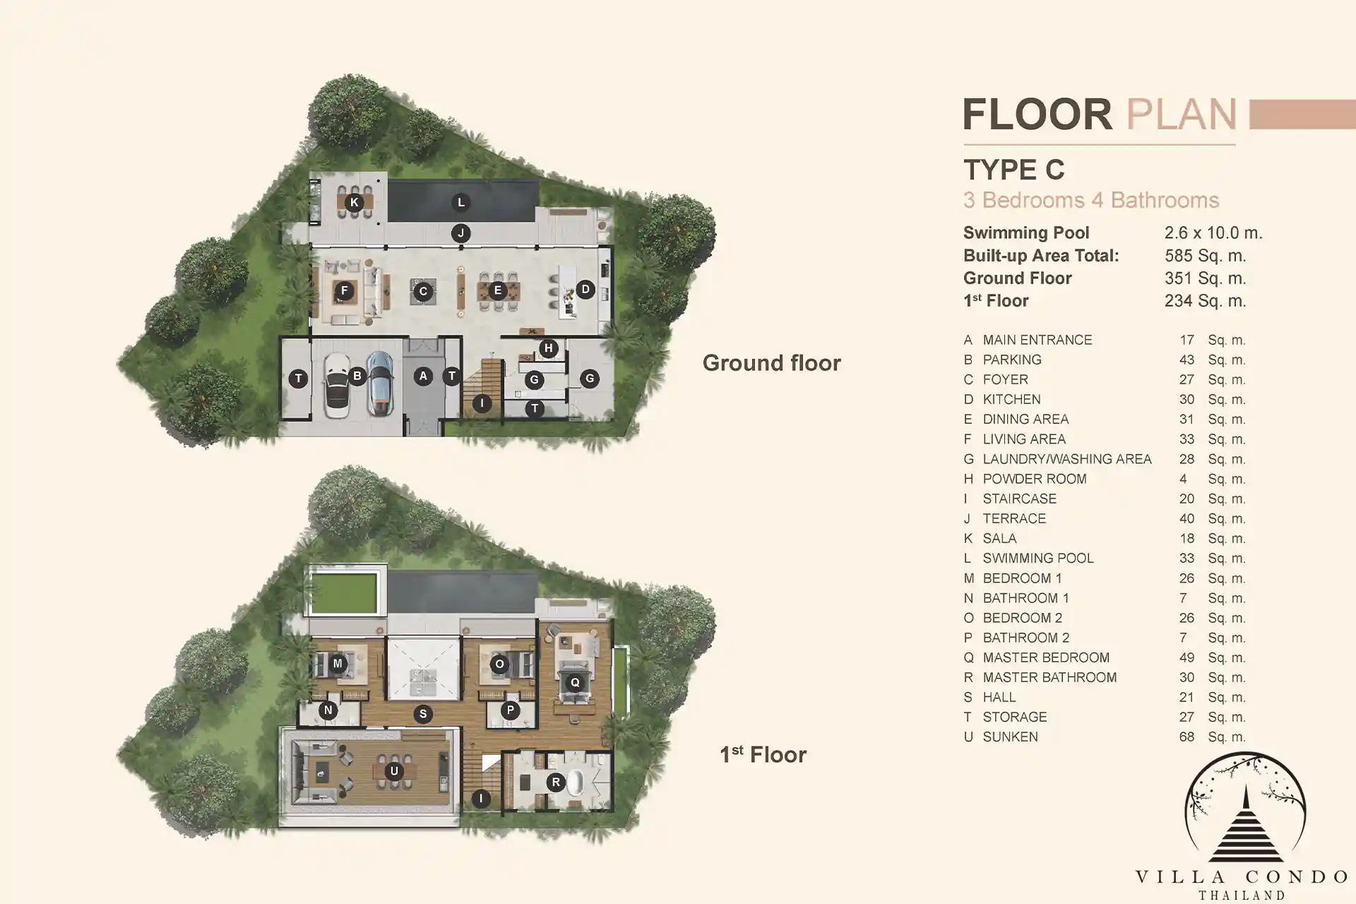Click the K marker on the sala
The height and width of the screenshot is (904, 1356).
tap(355, 203)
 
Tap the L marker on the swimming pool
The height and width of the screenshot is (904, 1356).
tap(461, 203)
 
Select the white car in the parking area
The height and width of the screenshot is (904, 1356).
tap(336, 386)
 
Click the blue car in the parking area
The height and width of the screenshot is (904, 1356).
tap(380, 384)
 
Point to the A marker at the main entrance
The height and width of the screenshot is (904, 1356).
tap(423, 376)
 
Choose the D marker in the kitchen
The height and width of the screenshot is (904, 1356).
tap(585, 289)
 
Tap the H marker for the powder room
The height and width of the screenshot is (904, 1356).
tap(549, 348)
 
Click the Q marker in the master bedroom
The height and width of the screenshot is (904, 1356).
tap(575, 682)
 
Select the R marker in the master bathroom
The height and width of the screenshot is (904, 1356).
tap(556, 782)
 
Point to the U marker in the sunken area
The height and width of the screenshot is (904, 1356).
tap(394, 771)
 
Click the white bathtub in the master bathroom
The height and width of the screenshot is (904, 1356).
tap(577, 783)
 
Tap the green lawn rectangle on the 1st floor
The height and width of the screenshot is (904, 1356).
tap(344, 593)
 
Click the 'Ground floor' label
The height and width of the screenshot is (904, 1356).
tap(771, 363)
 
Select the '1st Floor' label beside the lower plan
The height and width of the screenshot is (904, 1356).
tap(763, 754)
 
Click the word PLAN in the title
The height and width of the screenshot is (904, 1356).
tap(1182, 114)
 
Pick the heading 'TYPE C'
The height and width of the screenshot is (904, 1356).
tap(1014, 169)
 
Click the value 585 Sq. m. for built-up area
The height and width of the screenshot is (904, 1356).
tap(1206, 256)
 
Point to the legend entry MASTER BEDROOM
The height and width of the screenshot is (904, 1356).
tap(1046, 658)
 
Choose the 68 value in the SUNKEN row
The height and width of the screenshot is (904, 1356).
tap(1186, 737)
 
